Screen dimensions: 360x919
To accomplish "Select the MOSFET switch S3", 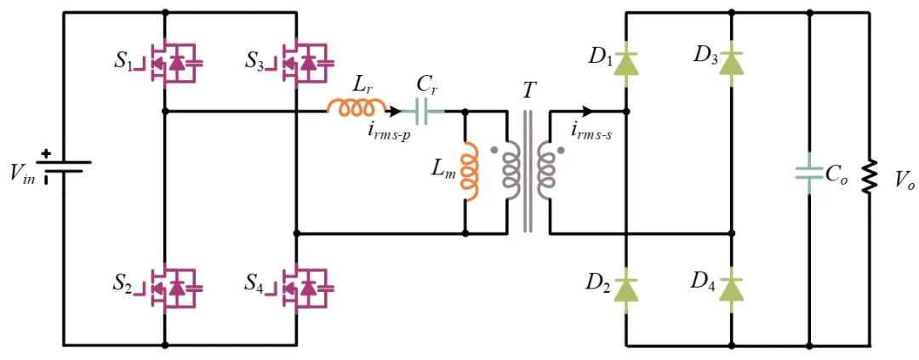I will (x=305, y=62).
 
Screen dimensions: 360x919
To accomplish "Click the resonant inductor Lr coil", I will (x=357, y=108).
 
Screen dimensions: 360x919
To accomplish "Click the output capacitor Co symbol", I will (x=808, y=173).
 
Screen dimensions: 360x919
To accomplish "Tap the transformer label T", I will (x=529, y=91).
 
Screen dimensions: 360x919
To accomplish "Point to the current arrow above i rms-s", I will (x=585, y=111).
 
